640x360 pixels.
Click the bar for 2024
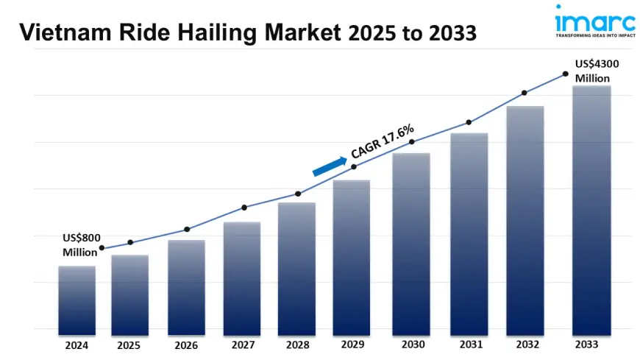click(x=77, y=300)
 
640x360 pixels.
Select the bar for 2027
click(x=242, y=278)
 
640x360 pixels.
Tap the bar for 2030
click(x=411, y=244)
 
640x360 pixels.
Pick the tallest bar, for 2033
click(x=592, y=210)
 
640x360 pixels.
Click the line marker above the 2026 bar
click(x=187, y=230)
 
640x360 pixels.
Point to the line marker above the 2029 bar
click(x=354, y=167)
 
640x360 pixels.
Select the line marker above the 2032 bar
click(x=525, y=93)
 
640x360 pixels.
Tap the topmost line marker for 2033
click(x=565, y=74)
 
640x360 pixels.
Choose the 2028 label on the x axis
click(x=296, y=345)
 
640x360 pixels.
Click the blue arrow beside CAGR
click(x=329, y=166)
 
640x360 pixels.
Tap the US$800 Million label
click(x=79, y=245)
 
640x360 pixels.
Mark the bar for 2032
click(x=525, y=220)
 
